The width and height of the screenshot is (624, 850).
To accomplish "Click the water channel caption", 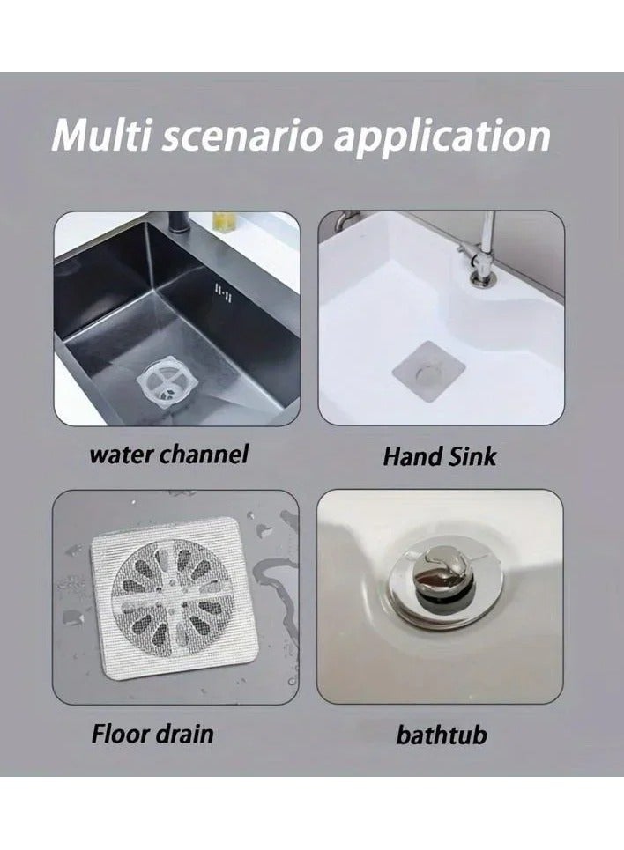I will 168,455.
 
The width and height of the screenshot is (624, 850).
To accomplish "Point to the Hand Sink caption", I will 440,456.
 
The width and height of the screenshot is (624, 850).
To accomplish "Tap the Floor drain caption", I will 152,733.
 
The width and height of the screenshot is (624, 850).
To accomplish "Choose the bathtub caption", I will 441,735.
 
